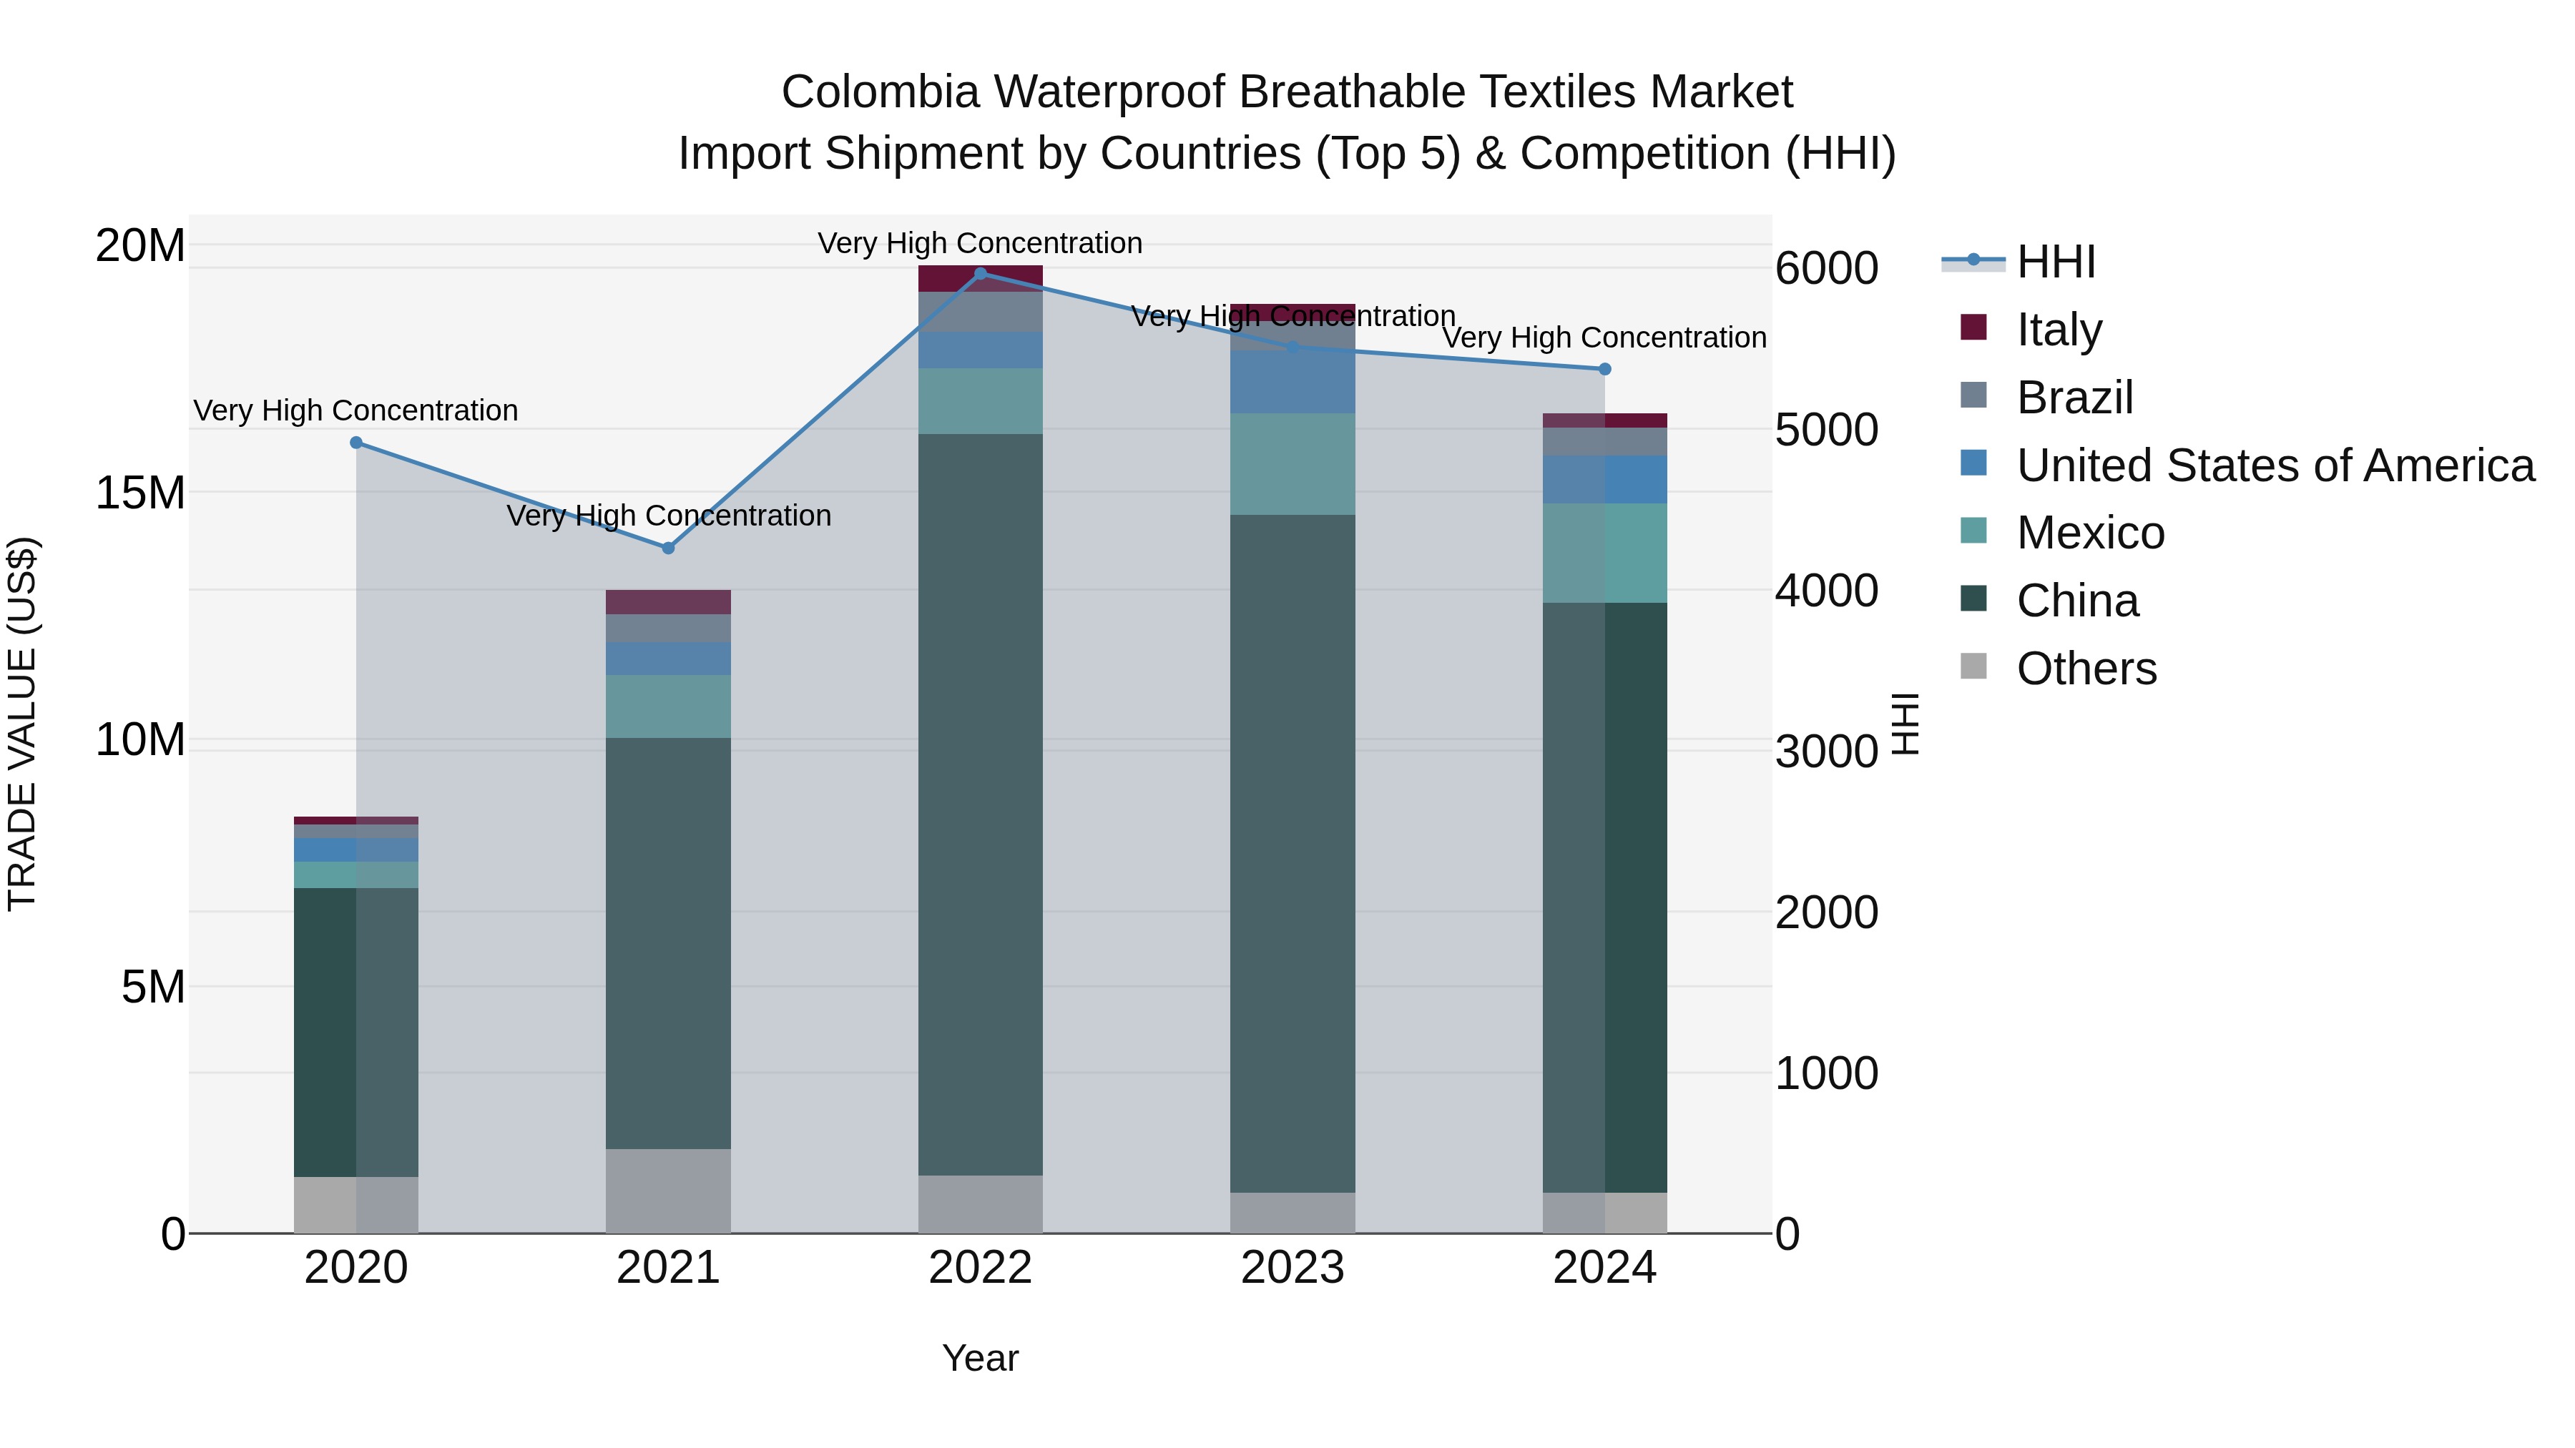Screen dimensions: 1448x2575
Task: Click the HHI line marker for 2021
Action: click(x=669, y=548)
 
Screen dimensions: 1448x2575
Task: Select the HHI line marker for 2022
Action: click(x=981, y=273)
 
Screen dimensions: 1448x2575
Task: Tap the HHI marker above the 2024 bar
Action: click(x=1604, y=369)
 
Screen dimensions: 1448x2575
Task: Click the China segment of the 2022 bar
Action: click(x=981, y=804)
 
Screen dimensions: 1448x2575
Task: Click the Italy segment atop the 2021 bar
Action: click(x=669, y=601)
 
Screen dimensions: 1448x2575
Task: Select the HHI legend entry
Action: click(x=2054, y=262)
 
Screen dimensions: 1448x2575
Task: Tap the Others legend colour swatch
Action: click(x=1973, y=666)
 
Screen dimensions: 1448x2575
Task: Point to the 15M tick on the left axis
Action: click(x=141, y=493)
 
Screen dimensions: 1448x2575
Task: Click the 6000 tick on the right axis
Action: click(x=1826, y=269)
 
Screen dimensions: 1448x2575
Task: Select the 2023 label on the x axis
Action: click(x=1293, y=1268)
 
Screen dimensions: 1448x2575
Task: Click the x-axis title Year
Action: click(x=981, y=1358)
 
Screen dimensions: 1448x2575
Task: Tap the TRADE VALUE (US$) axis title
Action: click(x=22, y=724)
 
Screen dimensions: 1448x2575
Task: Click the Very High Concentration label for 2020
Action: click(x=356, y=410)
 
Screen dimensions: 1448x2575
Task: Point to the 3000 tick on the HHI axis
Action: click(x=1826, y=752)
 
